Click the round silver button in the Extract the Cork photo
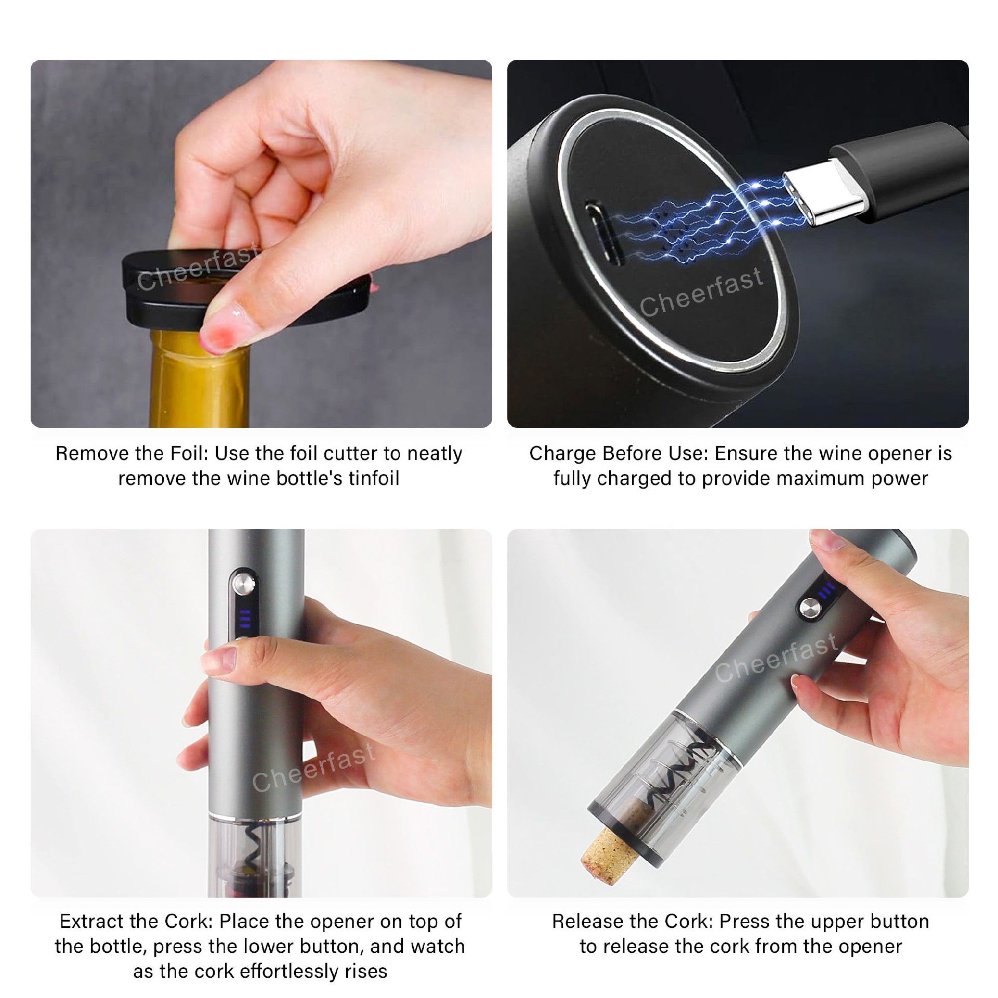pyautogui.click(x=243, y=583)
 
